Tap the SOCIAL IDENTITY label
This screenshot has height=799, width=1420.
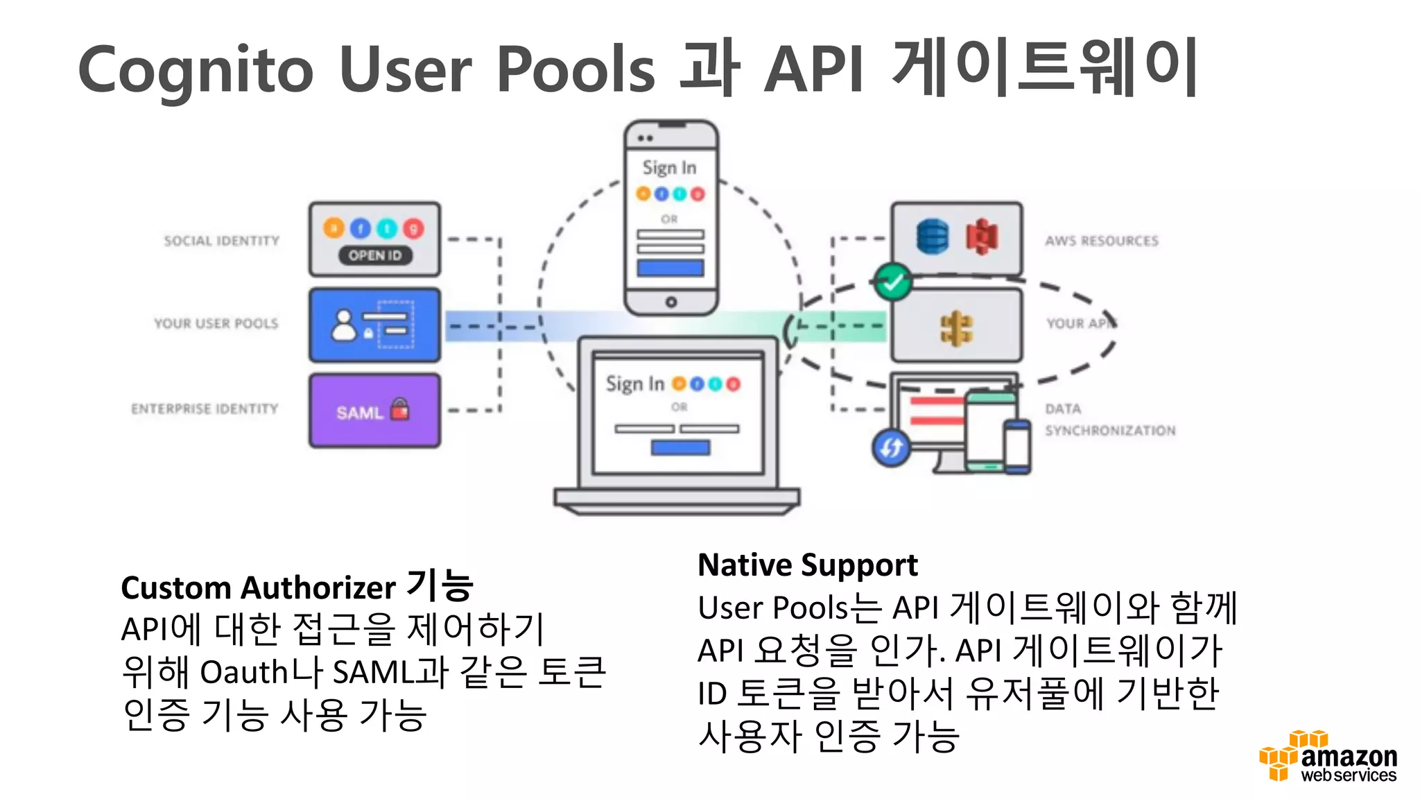coord(221,241)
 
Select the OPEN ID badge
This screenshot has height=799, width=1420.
coord(375,255)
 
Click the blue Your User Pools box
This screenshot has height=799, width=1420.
coord(375,325)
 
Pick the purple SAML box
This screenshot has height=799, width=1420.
coord(375,411)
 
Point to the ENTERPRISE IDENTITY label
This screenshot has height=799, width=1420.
coord(205,409)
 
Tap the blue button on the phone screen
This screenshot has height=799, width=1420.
coord(670,268)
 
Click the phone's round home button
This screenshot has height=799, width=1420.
coord(670,302)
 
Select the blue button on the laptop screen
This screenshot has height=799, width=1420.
coord(680,447)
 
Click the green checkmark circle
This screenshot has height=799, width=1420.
coord(893,282)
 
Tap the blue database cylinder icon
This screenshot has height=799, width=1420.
coord(932,237)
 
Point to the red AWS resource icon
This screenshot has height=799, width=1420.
coord(982,237)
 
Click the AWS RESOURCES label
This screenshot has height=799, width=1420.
coord(1102,241)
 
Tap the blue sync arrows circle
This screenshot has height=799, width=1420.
coord(891,447)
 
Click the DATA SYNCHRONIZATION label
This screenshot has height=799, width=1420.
coord(1109,420)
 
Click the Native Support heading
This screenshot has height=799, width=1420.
coord(807,565)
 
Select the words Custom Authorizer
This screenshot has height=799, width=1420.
coord(258,588)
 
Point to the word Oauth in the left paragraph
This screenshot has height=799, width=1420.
coord(243,672)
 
